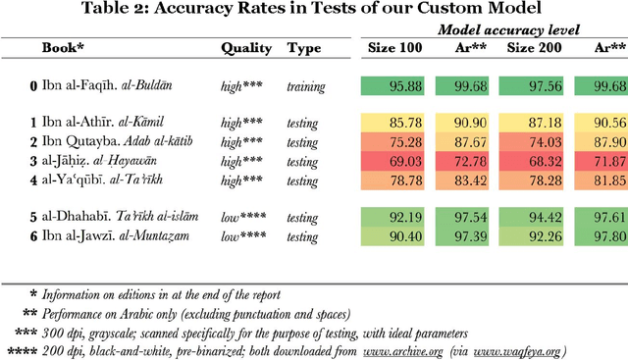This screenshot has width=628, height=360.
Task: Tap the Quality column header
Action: click(x=246, y=47)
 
